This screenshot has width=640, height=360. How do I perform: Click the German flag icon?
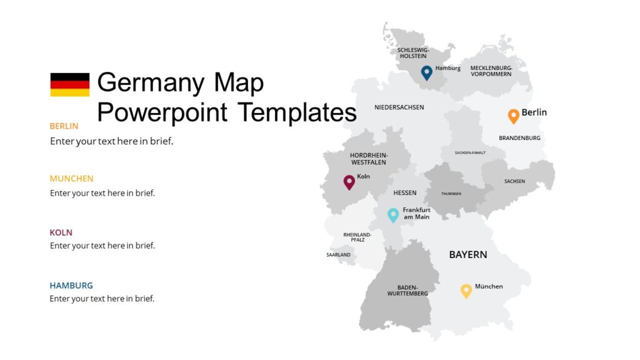(70, 84)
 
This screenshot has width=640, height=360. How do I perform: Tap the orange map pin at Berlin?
(513, 116)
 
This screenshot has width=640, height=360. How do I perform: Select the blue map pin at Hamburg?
(426, 72)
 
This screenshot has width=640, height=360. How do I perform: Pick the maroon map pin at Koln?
(349, 182)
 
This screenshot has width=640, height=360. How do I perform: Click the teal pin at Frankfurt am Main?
(393, 215)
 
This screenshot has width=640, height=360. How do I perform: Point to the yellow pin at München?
(466, 291)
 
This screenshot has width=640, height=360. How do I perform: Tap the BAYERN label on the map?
(468, 254)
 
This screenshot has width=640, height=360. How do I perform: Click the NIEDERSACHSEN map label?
(399, 107)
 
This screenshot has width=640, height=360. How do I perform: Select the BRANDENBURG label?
(519, 138)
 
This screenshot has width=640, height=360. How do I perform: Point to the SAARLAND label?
(338, 255)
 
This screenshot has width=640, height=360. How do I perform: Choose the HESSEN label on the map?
(405, 193)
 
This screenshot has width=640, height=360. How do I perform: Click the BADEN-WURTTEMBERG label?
(407, 290)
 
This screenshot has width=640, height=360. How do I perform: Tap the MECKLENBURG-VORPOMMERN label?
(491, 71)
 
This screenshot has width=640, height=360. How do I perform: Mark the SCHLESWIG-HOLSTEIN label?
(413, 52)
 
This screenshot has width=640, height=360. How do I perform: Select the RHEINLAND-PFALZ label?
(357, 237)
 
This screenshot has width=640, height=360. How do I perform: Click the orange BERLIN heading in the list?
(64, 126)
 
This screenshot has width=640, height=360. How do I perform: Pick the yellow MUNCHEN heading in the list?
(71, 179)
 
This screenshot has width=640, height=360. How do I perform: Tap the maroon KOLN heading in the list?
(61, 232)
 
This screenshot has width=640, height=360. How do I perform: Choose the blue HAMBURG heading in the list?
(71, 286)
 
